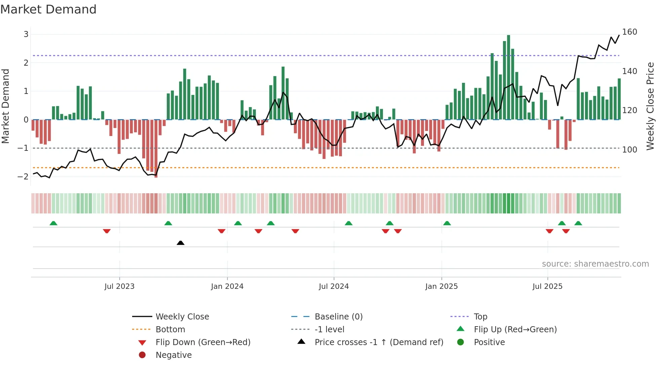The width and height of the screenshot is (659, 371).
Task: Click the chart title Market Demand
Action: pos(48,9)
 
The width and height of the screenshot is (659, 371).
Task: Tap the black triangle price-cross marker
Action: pos(181,243)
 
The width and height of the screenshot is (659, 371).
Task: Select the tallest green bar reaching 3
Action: pos(508,77)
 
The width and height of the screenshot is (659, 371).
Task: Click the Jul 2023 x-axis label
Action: pos(119,286)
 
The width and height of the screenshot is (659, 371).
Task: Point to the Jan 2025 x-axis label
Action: pos(441,286)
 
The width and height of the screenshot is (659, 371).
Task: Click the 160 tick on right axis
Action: pos(629,32)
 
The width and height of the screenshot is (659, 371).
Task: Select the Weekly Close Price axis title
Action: pos(650,106)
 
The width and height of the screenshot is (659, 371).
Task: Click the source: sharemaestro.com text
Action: pos(595,264)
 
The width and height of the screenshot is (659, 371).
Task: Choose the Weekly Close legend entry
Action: pos(182,317)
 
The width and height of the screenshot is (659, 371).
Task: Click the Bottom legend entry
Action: pos(170,330)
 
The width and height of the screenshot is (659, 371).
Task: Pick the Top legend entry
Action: pos(480,317)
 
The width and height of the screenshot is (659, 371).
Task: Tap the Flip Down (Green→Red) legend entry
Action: pos(203,342)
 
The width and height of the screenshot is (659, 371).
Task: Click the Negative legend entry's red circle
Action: pos(142,355)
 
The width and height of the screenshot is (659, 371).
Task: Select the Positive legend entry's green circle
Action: pos(461,342)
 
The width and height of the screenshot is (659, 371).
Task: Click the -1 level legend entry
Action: pos(329,330)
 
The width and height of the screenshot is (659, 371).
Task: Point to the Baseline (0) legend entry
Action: pos(338,317)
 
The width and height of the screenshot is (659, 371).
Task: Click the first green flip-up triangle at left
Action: pos(53,223)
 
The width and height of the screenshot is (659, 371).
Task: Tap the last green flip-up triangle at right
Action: pos(578,223)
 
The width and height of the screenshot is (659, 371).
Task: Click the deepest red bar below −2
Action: pos(156,148)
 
